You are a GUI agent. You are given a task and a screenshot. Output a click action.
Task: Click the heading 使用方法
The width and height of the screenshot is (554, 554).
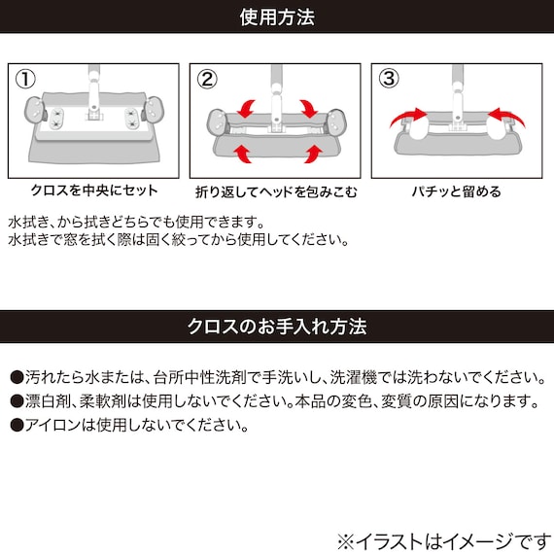point(277,17)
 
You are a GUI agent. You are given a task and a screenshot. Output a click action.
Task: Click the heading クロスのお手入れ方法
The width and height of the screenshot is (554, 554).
point(277,326)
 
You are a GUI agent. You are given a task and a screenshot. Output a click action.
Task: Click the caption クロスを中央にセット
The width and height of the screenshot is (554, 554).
point(95,190)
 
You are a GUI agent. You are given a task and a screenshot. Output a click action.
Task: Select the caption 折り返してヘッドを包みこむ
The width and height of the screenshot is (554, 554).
point(276,190)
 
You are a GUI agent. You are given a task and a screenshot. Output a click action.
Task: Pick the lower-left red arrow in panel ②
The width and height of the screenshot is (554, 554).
point(239,152)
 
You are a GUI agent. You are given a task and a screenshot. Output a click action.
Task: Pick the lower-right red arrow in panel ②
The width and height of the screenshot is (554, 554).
point(312,152)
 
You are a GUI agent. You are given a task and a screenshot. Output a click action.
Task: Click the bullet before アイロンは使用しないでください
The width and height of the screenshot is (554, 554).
point(17,425)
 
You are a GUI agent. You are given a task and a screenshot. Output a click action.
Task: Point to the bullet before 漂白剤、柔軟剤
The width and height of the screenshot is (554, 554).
point(17,401)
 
